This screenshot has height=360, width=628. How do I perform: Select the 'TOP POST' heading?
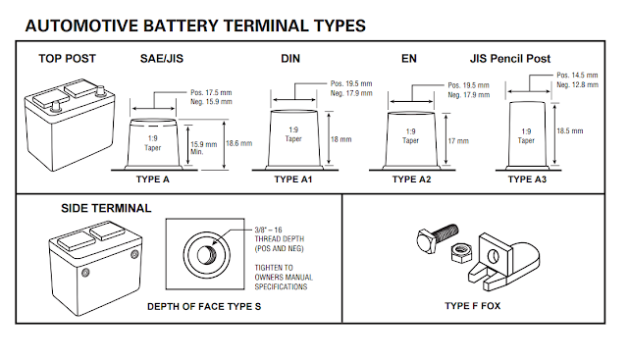67,59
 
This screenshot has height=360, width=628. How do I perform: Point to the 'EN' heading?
409,59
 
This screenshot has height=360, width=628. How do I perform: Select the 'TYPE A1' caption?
295,180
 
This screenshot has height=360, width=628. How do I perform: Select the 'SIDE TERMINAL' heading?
106,209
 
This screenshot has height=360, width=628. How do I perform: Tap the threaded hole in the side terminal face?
209,253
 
